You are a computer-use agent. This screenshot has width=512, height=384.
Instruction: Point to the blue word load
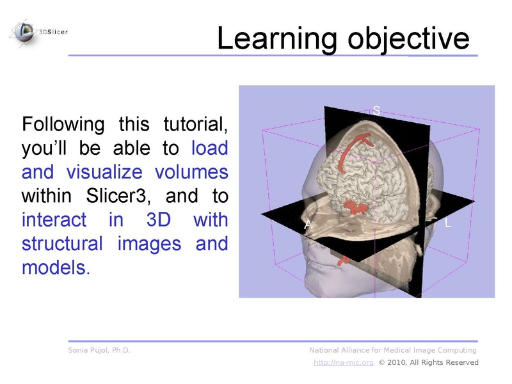(209, 148)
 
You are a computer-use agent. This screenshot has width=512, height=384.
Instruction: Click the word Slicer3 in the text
(117, 196)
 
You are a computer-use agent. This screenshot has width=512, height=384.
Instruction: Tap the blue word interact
(54, 220)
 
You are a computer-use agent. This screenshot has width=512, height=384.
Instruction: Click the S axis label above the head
(376, 111)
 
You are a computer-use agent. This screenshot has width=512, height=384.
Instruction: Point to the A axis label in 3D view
(308, 224)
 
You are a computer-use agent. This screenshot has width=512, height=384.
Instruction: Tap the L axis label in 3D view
(447, 224)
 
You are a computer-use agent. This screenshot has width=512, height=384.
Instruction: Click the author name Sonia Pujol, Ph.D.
(99, 350)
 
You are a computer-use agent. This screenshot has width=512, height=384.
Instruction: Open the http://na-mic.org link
(343, 362)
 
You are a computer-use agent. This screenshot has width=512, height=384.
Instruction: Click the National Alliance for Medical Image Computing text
(393, 350)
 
